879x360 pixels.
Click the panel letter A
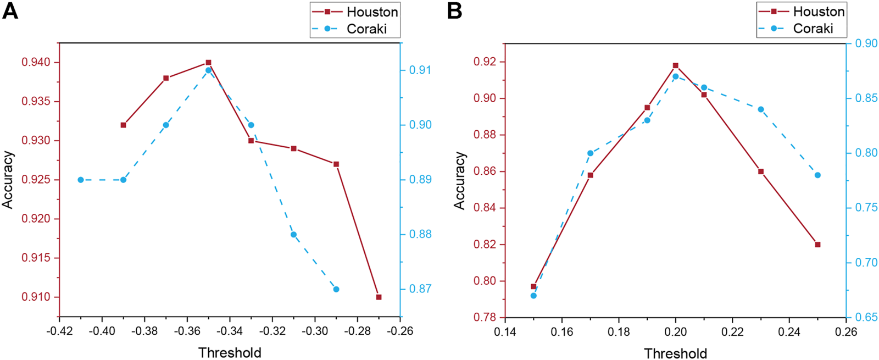pos(10,11)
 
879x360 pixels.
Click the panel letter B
pos(455,11)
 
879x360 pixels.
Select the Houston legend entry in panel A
pos(372,12)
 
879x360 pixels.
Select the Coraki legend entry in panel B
pos(813,29)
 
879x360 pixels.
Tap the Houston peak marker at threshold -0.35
pos(208,63)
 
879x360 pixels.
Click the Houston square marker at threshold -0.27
pos(379,297)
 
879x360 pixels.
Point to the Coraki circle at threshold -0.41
pos(81,180)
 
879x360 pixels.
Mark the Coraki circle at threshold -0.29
pos(336,289)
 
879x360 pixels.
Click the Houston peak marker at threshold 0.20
pos(676,65)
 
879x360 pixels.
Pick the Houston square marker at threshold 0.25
pos(817,245)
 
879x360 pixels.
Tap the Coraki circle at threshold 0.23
pos(761,109)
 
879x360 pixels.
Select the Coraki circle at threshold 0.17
pos(591,153)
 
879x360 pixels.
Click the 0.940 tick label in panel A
pos(36,63)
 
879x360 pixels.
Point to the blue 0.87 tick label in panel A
pos(420,289)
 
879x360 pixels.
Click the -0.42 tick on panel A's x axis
pos(59,331)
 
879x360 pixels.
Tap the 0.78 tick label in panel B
pos(485,318)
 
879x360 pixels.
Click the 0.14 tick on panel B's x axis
pos(505,332)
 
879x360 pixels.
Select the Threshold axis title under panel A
pos(230,352)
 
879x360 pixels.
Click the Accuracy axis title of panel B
pos(459,180)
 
